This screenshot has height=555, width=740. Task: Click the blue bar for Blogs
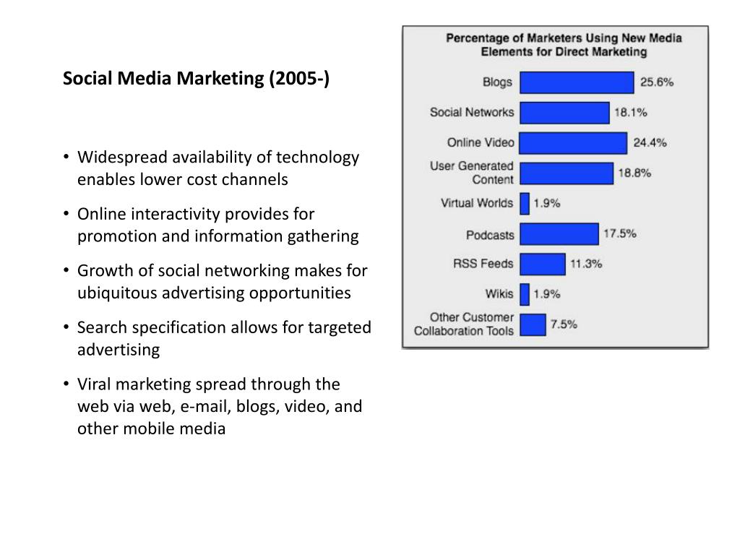pos(577,82)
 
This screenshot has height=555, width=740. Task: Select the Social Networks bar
pos(564,113)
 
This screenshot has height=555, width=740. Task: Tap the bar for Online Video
pos(573,143)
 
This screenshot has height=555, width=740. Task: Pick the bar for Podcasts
pos(559,234)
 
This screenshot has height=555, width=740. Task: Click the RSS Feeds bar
pos(542,264)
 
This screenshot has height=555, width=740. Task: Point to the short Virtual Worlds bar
pos(525,204)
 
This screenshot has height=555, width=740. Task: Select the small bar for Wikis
pos(525,294)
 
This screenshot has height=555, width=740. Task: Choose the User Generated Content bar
pos(566,173)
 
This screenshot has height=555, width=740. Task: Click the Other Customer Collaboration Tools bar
pos(533,324)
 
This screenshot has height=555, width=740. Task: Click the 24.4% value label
pos(650,143)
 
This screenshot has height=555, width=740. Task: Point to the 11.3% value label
pos(586,264)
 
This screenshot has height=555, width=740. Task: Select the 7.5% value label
pos(564,324)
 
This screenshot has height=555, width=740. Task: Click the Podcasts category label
pos(490,235)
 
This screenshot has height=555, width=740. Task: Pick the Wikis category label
pos(499,294)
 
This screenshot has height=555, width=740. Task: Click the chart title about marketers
pos(564,45)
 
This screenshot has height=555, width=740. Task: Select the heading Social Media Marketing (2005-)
pos(196,78)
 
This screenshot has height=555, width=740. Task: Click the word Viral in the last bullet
pos(95,384)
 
